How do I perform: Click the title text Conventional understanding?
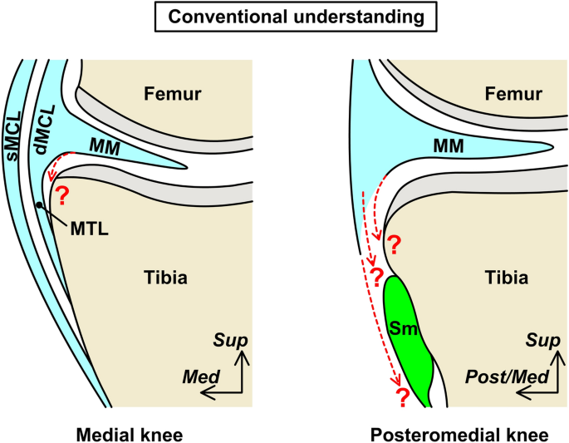coord(284,17)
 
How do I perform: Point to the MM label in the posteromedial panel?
coord(447,146)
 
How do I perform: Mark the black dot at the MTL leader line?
coord(38,204)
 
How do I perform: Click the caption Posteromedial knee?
coord(451,434)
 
